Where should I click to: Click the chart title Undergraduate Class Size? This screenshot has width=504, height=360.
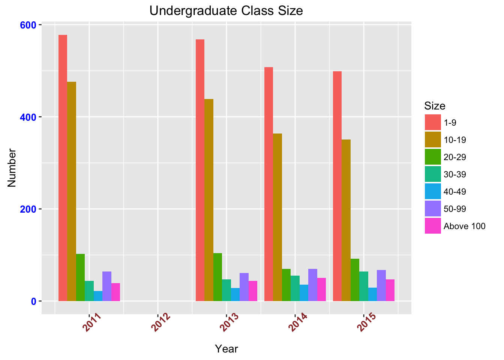click(226, 10)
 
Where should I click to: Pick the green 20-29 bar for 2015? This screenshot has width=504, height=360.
click(355, 280)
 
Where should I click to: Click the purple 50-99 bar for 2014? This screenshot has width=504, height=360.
click(312, 285)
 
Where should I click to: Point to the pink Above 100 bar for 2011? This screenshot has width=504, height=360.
click(115, 292)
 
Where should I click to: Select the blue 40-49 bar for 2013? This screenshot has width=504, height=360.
click(235, 294)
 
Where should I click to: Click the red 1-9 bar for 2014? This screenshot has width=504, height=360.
click(268, 184)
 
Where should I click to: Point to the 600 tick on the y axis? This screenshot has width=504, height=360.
click(30, 25)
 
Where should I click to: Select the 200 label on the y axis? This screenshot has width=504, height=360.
click(30, 209)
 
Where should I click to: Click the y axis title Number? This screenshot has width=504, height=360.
click(12, 168)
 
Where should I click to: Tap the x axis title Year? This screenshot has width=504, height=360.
click(226, 349)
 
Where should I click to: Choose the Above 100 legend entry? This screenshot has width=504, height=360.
click(464, 226)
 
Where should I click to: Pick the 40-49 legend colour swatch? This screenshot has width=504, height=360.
click(433, 192)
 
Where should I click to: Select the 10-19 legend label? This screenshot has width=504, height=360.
click(454, 140)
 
